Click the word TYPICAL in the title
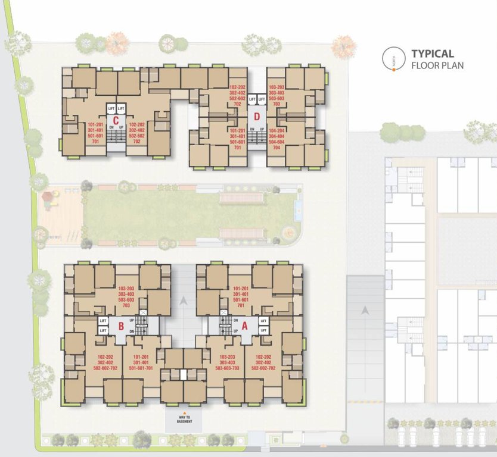point(433,54)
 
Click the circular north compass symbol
point(392,58)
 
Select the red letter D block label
point(257,116)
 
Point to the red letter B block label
point(121,325)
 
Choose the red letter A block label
point(244,325)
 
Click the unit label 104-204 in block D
point(277,130)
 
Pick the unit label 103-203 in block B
point(126,287)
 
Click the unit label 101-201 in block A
point(241,287)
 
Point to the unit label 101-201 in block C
point(95,125)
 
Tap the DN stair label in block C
point(111,127)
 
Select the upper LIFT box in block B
point(102,321)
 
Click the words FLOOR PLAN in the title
point(437,65)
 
